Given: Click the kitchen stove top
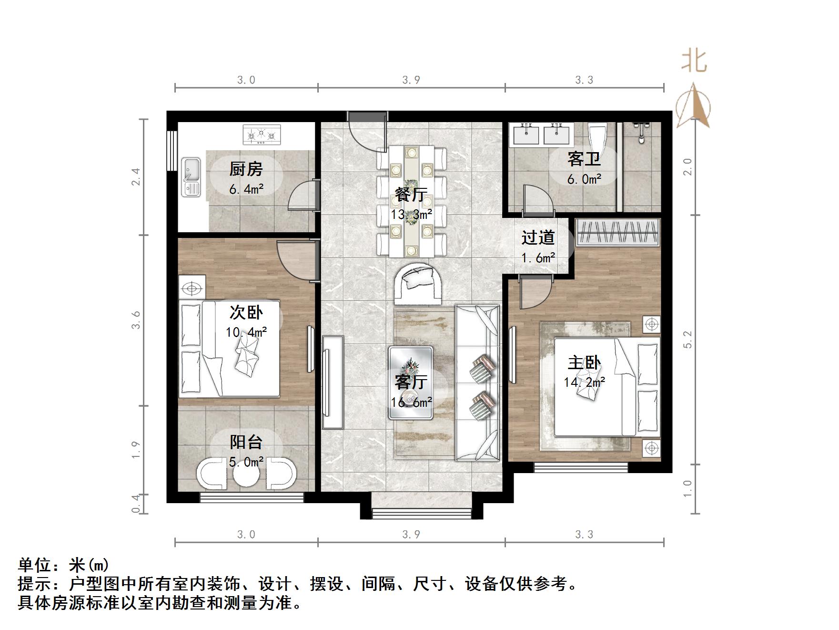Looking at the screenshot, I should tap(262, 134).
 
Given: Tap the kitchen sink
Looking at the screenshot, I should tap(192, 177).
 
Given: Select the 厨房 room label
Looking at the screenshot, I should tap(246, 169).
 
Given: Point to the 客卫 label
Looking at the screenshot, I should tap(584, 159).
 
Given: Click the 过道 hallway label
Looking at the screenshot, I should tap(538, 238).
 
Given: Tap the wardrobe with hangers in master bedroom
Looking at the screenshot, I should tap(617, 232).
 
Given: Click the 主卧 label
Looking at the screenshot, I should tap(584, 363).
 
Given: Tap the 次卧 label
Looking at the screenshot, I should tap(246, 312).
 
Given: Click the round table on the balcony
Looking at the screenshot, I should tap(247, 473).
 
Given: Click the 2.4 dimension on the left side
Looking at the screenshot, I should tap(136, 176).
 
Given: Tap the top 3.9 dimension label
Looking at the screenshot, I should tap(411, 80).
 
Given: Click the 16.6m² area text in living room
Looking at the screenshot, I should tap(411, 403).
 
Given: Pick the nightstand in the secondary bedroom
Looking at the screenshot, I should tap(192, 288).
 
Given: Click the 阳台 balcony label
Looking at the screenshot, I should tap(246, 442).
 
